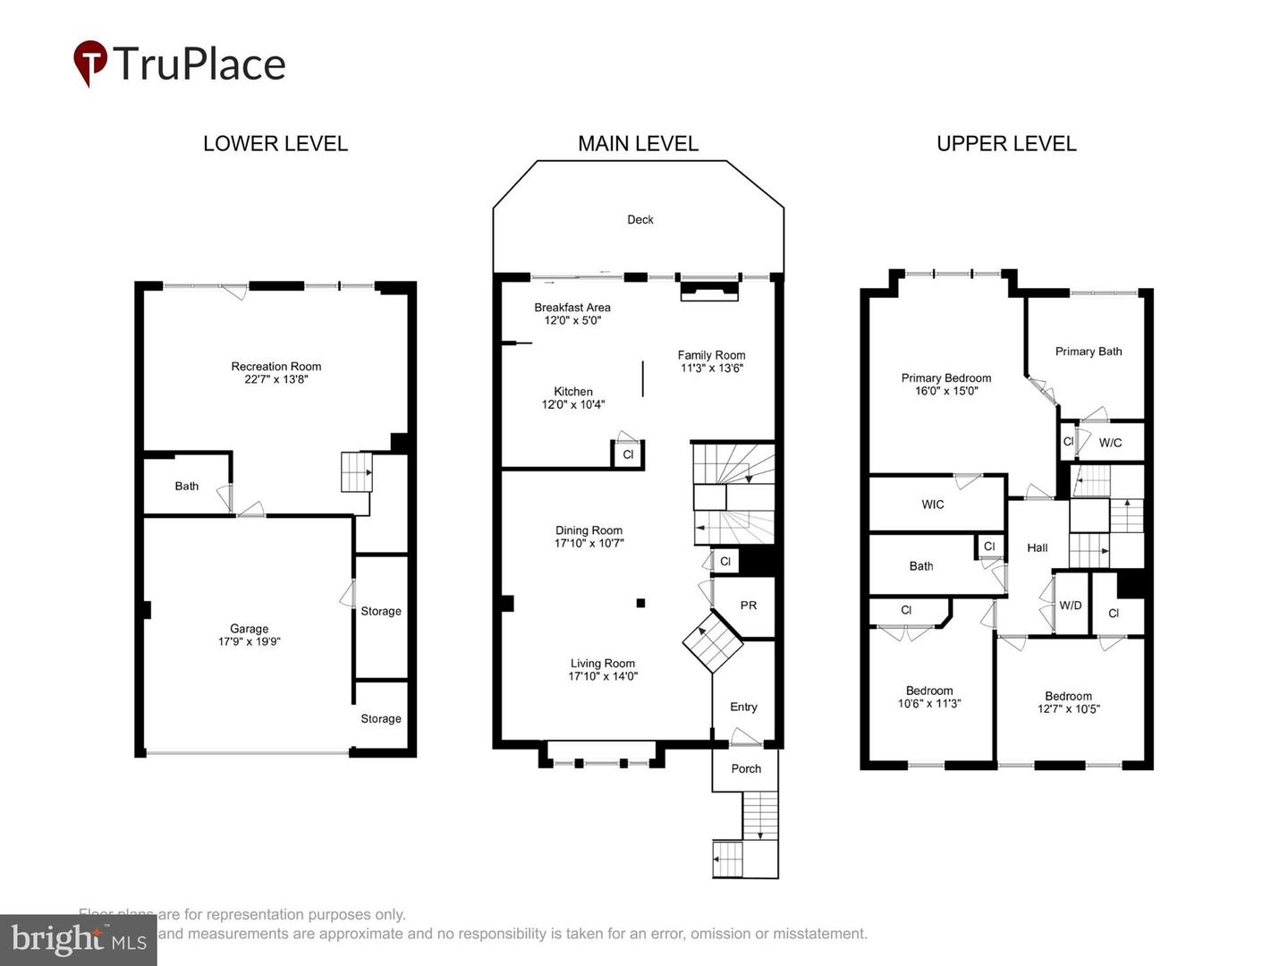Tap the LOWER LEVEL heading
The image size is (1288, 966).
tap(275, 144)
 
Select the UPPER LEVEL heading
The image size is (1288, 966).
tap(1006, 144)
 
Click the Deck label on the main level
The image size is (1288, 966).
tap(640, 219)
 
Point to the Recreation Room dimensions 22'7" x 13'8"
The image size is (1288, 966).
tap(275, 379)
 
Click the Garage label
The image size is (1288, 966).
tap(249, 629)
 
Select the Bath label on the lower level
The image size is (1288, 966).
tap(186, 486)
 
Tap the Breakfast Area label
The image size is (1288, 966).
tap(572, 308)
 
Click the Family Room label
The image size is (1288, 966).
tap(711, 355)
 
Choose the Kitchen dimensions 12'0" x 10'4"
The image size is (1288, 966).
tap(572, 404)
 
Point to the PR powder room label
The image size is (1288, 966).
tap(749, 606)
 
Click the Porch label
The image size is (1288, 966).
tap(746, 768)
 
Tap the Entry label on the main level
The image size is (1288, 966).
tap(743, 707)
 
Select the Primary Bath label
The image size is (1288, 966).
tap(1088, 352)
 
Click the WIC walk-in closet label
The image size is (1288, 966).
tap(932, 504)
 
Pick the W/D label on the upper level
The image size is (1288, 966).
tap(1070, 606)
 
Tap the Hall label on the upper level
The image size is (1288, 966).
tap(1037, 547)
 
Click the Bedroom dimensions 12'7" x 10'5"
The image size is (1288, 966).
tap(1068, 709)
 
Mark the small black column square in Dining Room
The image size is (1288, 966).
tap(640, 604)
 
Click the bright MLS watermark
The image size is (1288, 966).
tap(78, 940)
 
